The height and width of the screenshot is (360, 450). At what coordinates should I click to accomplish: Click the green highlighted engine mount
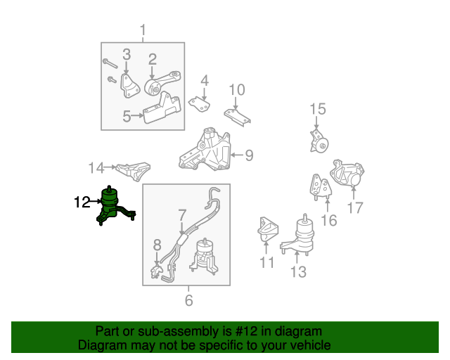[112, 207]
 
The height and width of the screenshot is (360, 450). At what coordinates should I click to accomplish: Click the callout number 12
[82, 202]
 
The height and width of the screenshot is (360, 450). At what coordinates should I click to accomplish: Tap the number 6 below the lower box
[188, 301]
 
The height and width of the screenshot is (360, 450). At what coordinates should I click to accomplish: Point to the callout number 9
[249, 155]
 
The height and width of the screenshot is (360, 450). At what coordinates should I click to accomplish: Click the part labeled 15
[320, 144]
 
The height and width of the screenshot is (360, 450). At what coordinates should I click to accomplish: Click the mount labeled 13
[301, 239]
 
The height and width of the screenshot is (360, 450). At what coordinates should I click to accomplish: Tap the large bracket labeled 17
[349, 174]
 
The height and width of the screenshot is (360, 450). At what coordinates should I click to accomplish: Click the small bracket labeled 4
[200, 104]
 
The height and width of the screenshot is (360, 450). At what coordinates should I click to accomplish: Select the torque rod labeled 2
[162, 85]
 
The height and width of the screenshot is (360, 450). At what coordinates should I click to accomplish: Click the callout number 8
[157, 245]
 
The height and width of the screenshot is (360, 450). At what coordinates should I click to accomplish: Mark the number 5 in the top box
[127, 117]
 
